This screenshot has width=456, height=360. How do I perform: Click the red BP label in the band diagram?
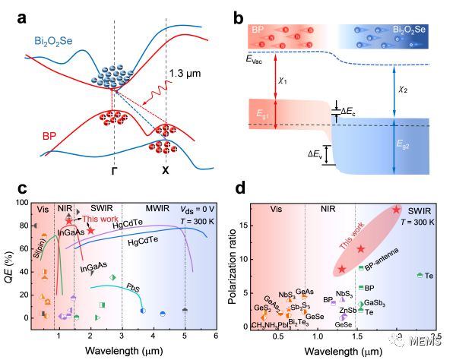[x=49, y=137]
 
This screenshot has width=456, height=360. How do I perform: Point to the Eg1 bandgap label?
[x=264, y=113]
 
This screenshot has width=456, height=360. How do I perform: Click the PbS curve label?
[x=132, y=289]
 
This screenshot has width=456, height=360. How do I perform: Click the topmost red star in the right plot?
[x=397, y=210]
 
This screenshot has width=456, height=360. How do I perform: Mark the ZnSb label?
[x=347, y=311]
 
